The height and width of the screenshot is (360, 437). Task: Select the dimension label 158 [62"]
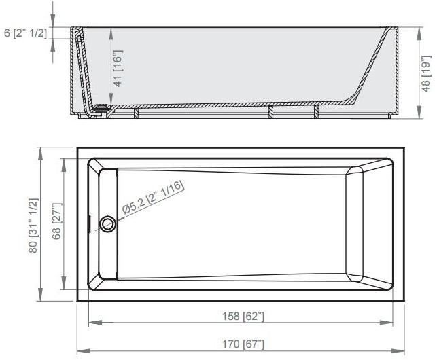[x=243, y=316]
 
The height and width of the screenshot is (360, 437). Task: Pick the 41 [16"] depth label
[x=118, y=68]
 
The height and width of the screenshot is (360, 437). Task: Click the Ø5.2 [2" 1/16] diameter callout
[x=153, y=198]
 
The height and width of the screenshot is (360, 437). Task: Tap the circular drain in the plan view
[x=107, y=223]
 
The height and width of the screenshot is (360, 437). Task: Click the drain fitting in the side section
[x=102, y=107]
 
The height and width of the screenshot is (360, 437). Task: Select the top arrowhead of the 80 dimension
[x=42, y=151]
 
